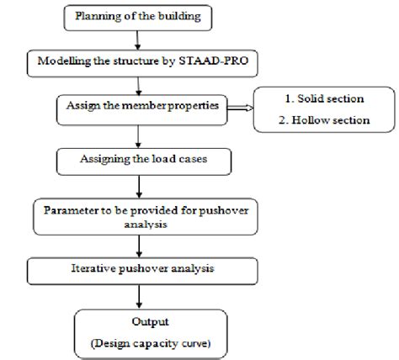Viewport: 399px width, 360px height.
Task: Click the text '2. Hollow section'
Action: [x=323, y=119]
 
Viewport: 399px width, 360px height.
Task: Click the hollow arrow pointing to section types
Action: [x=237, y=107]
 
